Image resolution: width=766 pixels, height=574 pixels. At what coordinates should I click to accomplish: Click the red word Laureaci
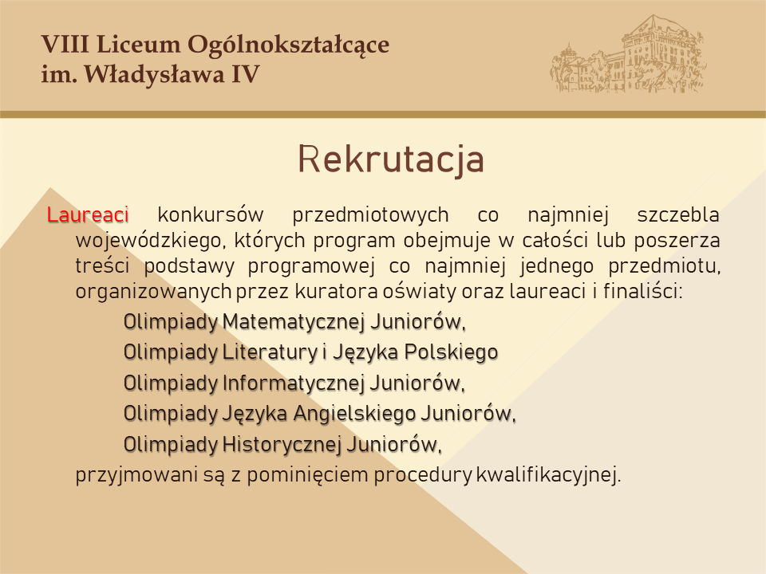click(88, 214)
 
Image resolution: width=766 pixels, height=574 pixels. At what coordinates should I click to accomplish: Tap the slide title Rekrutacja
click(391, 160)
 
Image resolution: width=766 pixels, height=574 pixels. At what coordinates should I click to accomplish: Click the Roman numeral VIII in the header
click(65, 44)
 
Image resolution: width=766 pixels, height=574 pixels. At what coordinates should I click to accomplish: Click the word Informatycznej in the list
click(294, 383)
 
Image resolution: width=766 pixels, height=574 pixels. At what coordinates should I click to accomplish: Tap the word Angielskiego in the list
click(354, 415)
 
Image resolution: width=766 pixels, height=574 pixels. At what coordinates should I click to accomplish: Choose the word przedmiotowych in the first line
click(370, 215)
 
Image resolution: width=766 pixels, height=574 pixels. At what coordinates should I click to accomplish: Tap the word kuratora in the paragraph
click(337, 292)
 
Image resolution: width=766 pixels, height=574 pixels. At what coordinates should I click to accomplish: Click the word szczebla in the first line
click(678, 215)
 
